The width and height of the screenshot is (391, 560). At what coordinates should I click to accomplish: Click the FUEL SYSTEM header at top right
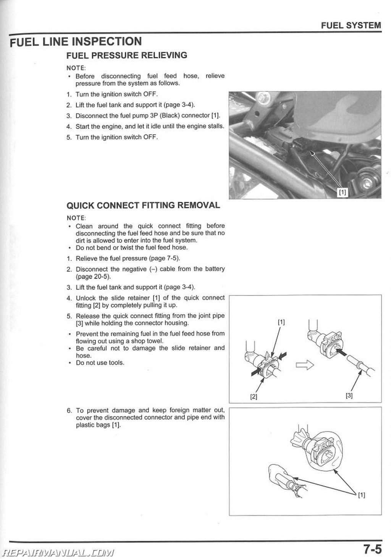(351, 25)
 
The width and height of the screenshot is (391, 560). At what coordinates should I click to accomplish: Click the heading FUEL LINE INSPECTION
(76, 42)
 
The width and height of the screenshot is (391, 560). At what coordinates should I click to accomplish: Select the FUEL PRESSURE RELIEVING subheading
(126, 55)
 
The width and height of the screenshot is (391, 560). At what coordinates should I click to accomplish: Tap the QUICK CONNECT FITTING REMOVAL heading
(143, 205)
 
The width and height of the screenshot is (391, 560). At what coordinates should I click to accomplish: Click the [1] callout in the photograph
(343, 192)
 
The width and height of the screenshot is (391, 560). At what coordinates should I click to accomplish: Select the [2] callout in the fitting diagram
(254, 396)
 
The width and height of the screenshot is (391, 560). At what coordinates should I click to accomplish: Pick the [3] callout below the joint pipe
(349, 396)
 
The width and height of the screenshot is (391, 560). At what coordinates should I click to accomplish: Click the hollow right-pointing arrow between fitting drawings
(305, 365)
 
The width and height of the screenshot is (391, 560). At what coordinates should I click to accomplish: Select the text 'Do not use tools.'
(100, 363)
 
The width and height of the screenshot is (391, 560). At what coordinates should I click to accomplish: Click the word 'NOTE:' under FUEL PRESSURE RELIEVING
(76, 68)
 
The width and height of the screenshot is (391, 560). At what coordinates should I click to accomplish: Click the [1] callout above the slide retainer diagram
(281, 322)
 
